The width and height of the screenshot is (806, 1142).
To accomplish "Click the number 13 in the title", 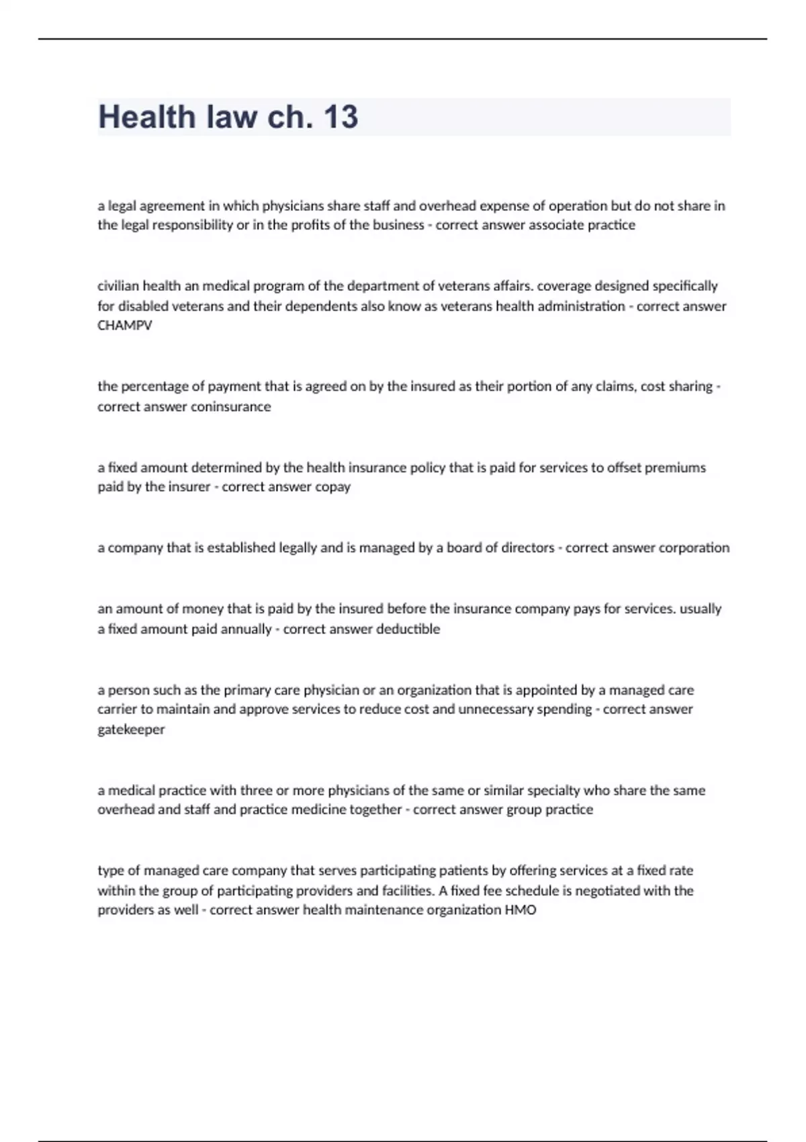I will click(341, 117).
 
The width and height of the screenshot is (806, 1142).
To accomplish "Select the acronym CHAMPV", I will click(125, 325).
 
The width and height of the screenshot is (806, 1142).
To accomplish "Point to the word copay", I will click(333, 486).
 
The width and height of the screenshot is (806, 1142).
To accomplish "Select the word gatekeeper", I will click(131, 729).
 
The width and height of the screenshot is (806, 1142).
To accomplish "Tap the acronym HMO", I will click(521, 910).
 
